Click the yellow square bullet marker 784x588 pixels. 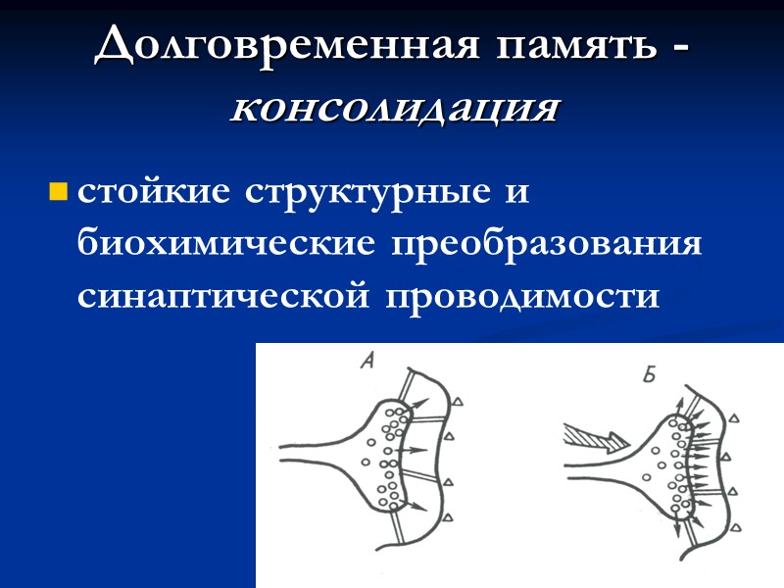(58, 190)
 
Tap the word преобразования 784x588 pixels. (549, 244)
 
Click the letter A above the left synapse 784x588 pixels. (367, 363)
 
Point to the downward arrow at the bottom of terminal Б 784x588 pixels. (675, 529)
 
